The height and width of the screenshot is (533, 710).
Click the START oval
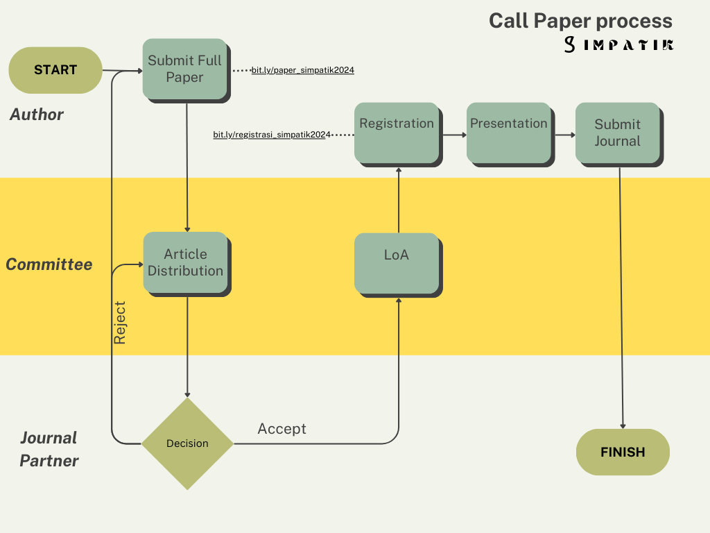[x=55, y=70]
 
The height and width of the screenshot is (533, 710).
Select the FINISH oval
[x=623, y=452]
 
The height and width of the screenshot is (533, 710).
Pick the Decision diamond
[x=187, y=443]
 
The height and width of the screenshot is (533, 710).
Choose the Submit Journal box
[x=619, y=135]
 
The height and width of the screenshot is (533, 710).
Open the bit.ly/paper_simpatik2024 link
[x=303, y=70]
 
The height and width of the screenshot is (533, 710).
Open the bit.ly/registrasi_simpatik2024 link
[x=272, y=135]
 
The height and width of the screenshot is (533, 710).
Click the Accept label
[x=282, y=429]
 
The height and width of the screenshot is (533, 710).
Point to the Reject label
[x=119, y=323]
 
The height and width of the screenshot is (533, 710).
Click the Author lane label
[x=37, y=115]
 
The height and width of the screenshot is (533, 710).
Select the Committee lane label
[x=49, y=264]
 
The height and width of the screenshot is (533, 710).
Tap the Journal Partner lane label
[x=49, y=449]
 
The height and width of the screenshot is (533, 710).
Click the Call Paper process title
[x=580, y=22]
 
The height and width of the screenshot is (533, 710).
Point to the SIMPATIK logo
[x=619, y=44]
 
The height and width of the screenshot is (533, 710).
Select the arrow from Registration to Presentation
[x=455, y=135]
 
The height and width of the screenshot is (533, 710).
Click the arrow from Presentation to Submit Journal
[x=565, y=135]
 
